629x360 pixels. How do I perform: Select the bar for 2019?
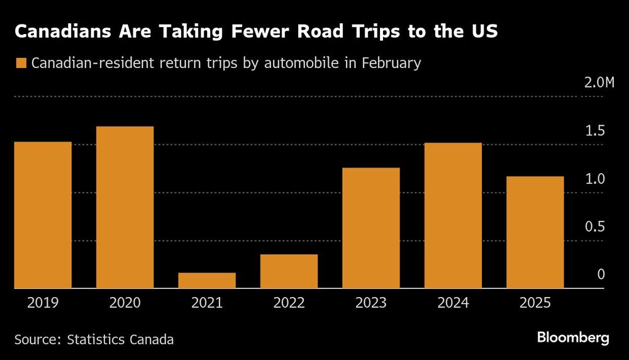click(43, 215)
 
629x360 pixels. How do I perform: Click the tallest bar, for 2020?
click(125, 207)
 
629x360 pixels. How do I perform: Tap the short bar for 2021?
click(207, 280)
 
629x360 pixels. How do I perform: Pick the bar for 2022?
click(289, 271)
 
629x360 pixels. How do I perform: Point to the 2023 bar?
click(371, 228)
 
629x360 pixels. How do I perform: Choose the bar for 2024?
click(453, 215)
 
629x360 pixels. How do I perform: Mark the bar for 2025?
click(535, 232)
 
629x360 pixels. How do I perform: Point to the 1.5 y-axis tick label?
click(595, 131)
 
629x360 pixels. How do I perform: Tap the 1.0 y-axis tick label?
click(595, 179)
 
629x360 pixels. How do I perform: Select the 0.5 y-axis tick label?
click(595, 227)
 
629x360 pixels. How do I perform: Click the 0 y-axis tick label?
click(601, 274)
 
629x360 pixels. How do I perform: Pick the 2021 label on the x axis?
click(207, 303)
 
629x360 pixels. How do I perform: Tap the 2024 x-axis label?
click(453, 303)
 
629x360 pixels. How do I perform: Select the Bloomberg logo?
click(573, 338)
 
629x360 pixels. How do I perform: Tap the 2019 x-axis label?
click(43, 303)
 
